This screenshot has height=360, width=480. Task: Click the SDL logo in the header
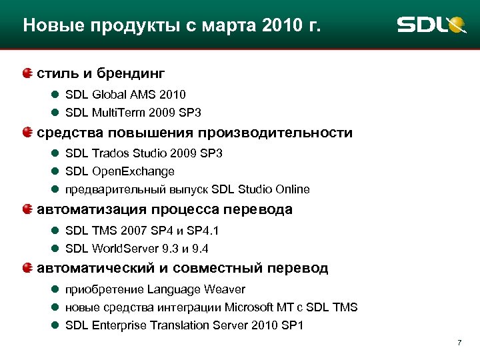coord(431,25)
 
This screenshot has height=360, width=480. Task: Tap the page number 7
coord(459,343)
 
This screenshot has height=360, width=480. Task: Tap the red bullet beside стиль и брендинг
coord(27,72)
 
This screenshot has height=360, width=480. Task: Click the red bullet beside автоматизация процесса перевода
coord(27,209)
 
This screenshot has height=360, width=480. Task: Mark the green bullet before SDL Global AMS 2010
coord(55,95)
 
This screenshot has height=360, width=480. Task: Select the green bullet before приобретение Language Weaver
coord(55,289)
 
